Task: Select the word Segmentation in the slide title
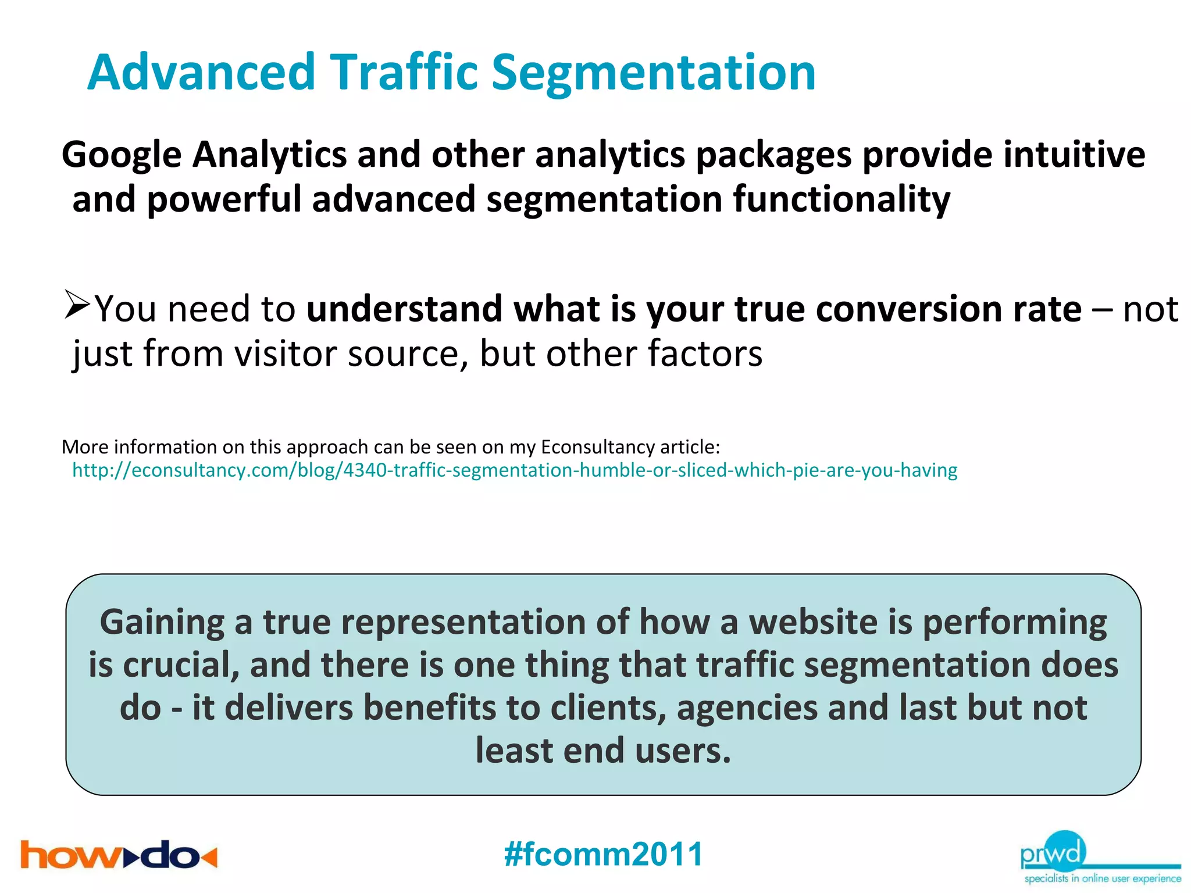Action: coord(654,73)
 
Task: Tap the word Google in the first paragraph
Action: coord(122,156)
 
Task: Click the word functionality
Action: coord(841,199)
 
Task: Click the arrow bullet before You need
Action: coord(77,305)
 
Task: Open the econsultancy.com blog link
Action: coord(514,470)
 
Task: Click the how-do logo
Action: coord(119,855)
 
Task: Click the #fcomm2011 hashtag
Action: coord(603,854)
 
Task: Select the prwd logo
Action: coord(1053,852)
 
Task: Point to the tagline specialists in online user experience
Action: coord(1102,878)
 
